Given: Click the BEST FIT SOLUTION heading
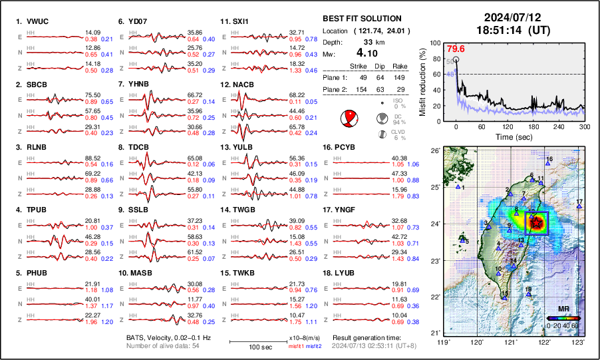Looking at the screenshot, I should pyautogui.click(x=361, y=19).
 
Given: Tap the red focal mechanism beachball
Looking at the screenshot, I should pyautogui.click(x=349, y=119).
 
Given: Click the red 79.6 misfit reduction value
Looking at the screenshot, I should pyautogui.click(x=455, y=49).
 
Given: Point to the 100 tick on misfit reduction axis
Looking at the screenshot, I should pyautogui.click(x=440, y=43).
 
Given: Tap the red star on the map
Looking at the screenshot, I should pyautogui.click(x=535, y=224).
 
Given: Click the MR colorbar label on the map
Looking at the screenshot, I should pyautogui.click(x=562, y=309).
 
